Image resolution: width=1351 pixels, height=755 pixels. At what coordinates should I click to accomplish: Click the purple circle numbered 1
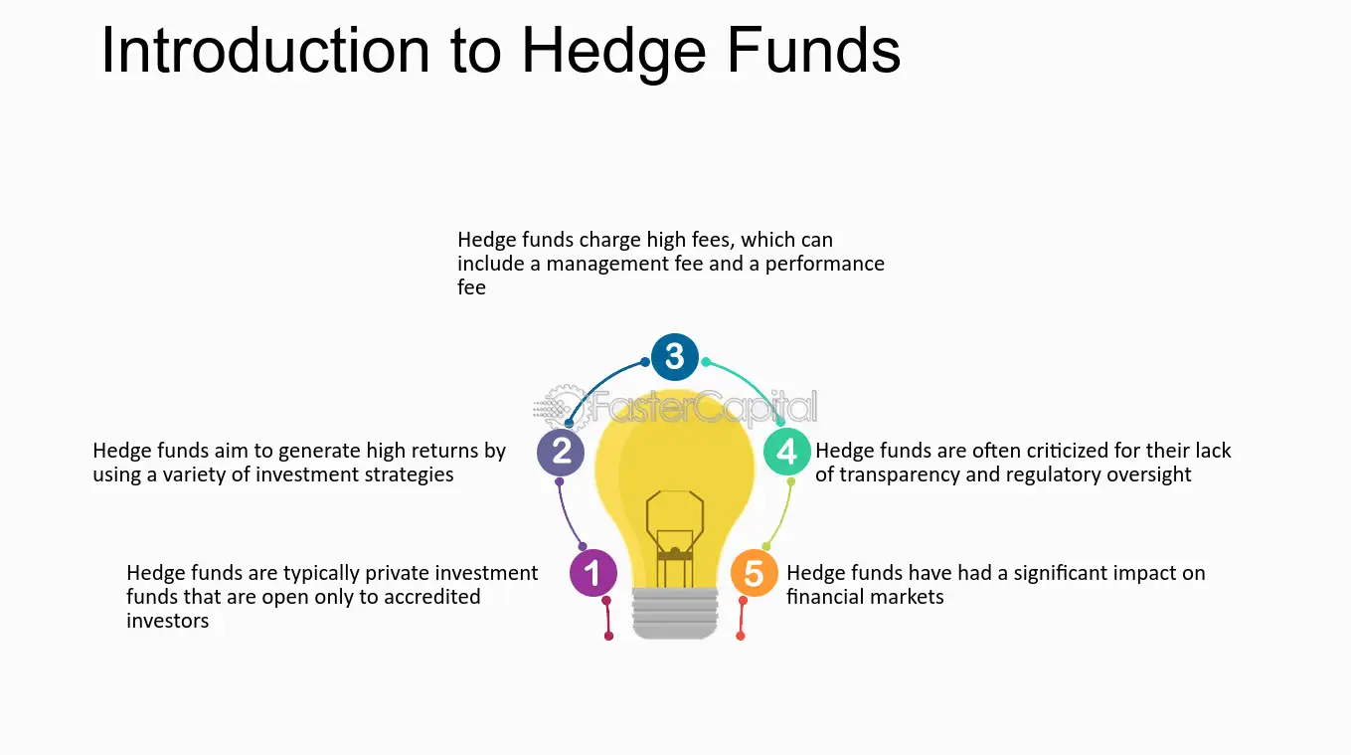[593, 573]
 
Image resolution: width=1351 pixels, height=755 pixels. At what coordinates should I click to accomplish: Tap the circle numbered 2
[561, 452]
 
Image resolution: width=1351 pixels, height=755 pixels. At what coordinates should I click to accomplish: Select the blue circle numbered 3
[675, 356]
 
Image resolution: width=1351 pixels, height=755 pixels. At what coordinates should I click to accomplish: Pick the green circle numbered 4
[787, 452]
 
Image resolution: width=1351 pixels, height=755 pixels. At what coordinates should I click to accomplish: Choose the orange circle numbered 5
[755, 574]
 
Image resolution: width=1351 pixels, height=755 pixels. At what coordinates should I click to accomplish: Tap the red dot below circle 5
[741, 636]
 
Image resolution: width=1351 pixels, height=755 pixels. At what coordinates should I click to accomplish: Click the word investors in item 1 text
[168, 621]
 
